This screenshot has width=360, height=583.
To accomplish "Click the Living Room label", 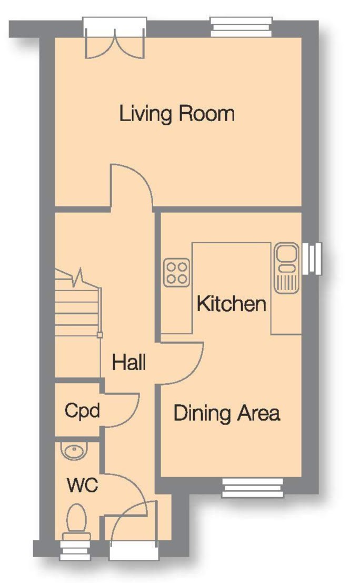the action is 177,113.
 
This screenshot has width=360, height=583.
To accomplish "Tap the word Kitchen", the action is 231,304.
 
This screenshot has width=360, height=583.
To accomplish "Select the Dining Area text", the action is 227,413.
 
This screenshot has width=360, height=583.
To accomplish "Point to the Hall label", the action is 129,362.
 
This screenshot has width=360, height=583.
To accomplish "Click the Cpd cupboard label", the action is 83,411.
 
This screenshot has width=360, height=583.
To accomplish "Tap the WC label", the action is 83,485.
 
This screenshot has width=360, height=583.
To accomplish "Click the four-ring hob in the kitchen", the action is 176,273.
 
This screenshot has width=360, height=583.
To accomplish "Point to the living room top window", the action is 242,27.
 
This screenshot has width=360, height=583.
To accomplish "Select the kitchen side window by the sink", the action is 312,259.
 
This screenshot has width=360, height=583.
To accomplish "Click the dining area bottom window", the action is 253,488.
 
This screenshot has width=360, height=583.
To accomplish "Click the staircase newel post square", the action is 99,335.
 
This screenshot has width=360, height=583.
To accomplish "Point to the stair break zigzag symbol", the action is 79,278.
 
